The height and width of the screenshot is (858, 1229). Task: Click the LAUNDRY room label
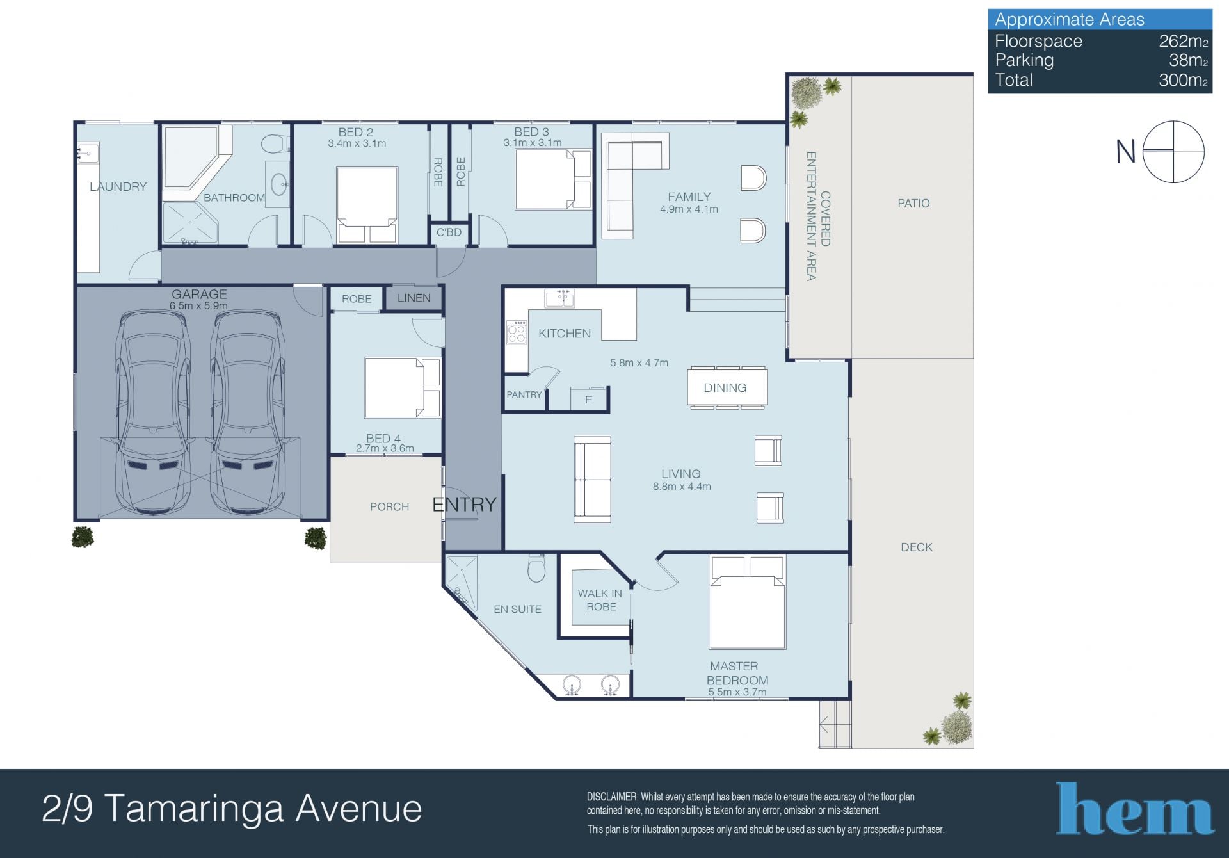coord(118,186)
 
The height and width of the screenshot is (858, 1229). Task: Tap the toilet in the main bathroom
coord(275,143)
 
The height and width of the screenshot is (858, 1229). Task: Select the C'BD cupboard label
coord(449,232)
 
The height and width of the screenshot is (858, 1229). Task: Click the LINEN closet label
coord(414,298)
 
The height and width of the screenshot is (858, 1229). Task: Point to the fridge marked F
coord(589,398)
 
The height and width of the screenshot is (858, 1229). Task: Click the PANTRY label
coord(524,394)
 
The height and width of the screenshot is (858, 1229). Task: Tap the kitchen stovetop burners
coord(517,332)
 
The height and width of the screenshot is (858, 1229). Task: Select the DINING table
coord(727,387)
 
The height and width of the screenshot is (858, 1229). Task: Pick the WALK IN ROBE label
coord(600,600)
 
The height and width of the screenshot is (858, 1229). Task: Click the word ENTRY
coord(464,505)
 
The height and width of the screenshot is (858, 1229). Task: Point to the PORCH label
coord(389,506)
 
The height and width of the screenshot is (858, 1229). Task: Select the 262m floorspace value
coord(1183,41)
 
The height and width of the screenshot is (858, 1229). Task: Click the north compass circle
coord(1173,152)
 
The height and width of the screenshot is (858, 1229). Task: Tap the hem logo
coord(1135,809)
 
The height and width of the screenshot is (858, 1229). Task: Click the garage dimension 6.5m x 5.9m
coord(198,306)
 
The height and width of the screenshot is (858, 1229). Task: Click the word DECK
coord(917,547)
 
